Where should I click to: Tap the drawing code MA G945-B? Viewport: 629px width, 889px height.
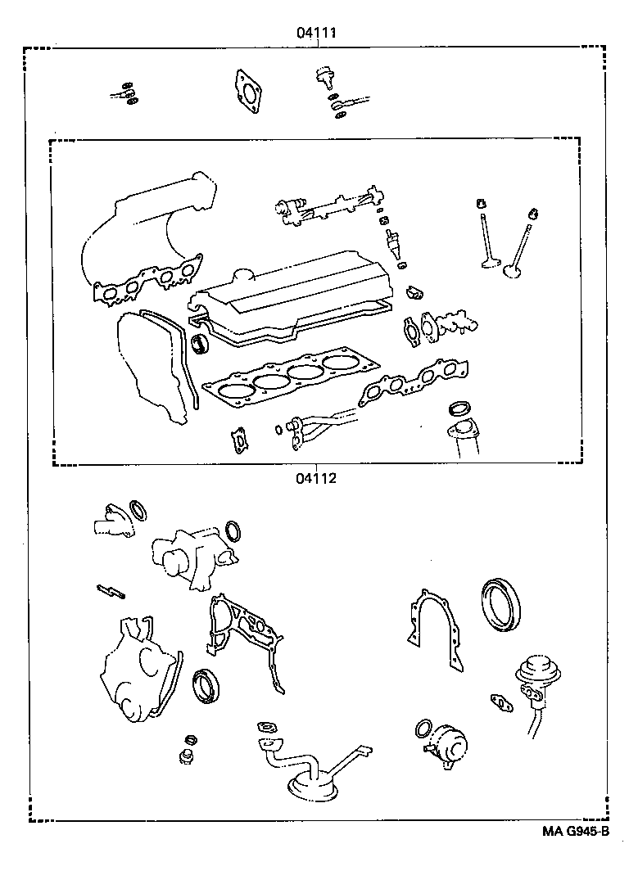(575, 833)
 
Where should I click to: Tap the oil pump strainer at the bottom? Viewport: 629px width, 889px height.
(311, 778)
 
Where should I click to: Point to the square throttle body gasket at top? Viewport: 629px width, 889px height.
(247, 89)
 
